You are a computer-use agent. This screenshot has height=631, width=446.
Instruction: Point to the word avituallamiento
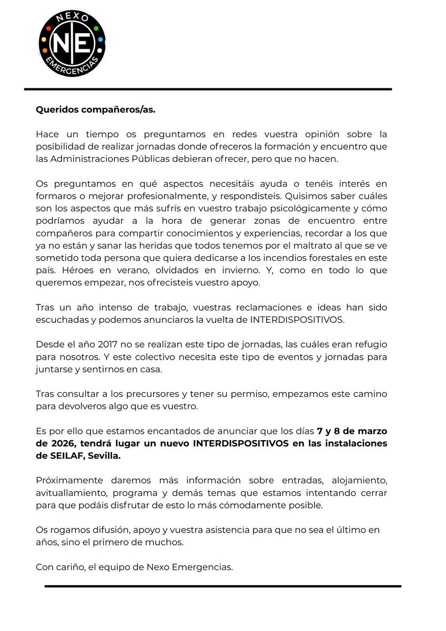coord(72,493)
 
